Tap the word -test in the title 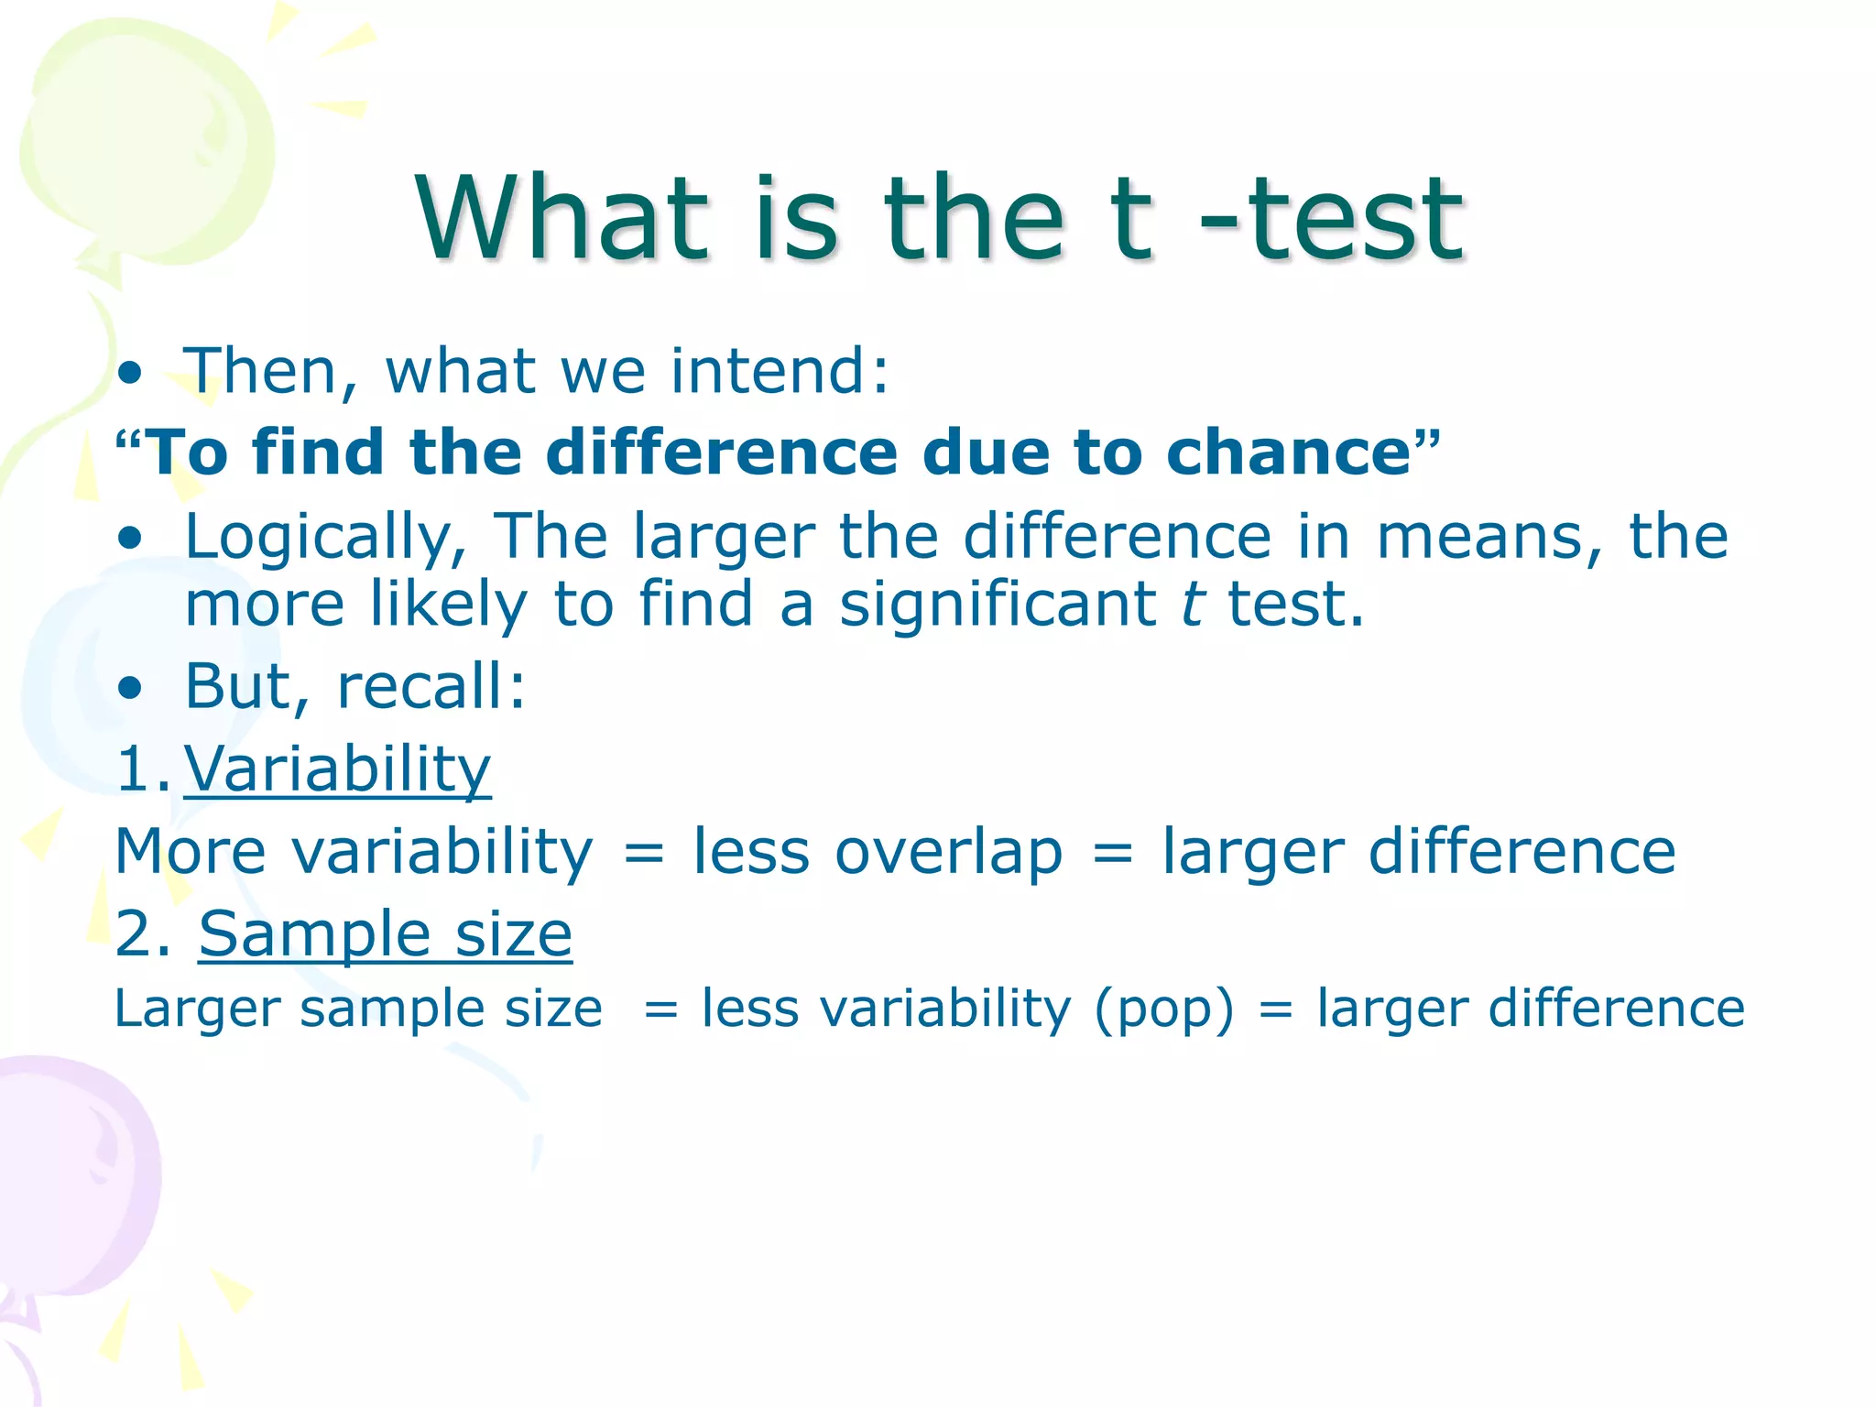(1333, 220)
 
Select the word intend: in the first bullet (780, 371)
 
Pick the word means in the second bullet (1478, 537)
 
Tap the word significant (998, 605)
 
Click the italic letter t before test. (1191, 605)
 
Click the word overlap (948, 851)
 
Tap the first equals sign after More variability (643, 853)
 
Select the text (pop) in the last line (1164, 1009)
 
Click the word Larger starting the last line (196, 1009)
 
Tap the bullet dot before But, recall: (131, 688)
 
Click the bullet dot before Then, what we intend (131, 374)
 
